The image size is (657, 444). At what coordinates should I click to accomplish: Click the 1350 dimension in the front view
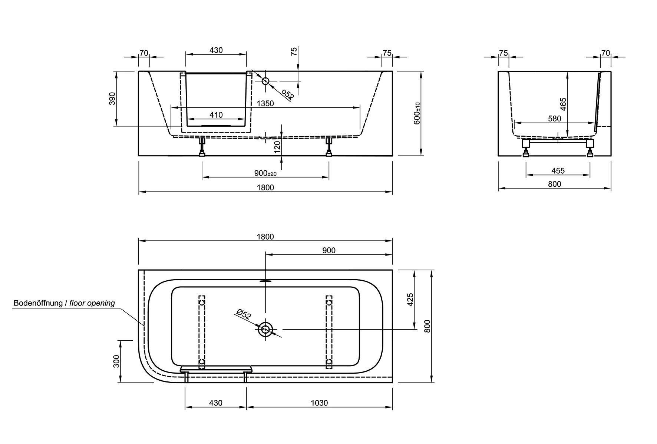point(265,103)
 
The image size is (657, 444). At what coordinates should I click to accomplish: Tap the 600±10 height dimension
point(417,113)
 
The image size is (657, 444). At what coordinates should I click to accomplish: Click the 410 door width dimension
point(216,115)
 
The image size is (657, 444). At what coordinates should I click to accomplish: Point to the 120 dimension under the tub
point(277,147)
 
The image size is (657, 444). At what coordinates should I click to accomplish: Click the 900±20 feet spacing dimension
point(265,173)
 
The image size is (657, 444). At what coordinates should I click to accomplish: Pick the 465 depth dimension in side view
point(563,104)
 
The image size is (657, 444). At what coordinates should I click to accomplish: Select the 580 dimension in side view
point(554,118)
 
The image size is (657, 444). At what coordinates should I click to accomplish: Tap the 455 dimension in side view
point(558,171)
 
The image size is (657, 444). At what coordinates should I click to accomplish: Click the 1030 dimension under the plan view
point(319,403)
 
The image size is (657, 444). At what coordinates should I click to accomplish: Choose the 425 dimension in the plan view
point(410,299)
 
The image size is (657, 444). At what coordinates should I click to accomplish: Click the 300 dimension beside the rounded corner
point(116,361)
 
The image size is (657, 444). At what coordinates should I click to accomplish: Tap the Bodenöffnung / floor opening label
point(64,303)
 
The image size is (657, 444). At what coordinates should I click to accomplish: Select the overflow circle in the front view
point(265,81)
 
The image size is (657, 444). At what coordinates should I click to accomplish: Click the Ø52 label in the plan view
point(244,314)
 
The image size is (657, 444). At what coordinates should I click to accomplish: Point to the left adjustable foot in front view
point(202,147)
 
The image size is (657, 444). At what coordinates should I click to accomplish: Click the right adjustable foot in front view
point(329,147)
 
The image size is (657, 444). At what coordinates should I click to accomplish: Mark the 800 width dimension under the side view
point(554,184)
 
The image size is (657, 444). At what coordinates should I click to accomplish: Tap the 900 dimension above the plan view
point(328,250)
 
